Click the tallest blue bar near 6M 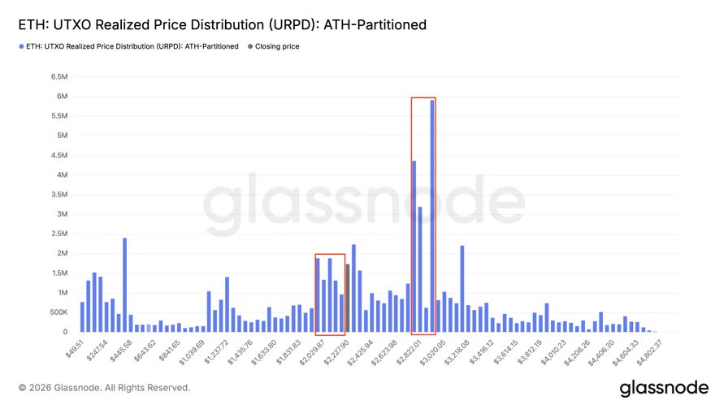coord(432,216)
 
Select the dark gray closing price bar coord(348,298)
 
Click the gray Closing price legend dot coord(249,47)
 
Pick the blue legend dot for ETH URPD coord(21,47)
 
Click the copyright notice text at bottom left coord(104,388)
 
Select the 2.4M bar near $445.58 coord(124,285)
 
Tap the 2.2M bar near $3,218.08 coord(462,289)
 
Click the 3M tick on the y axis coord(59,214)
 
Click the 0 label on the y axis coord(63,332)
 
